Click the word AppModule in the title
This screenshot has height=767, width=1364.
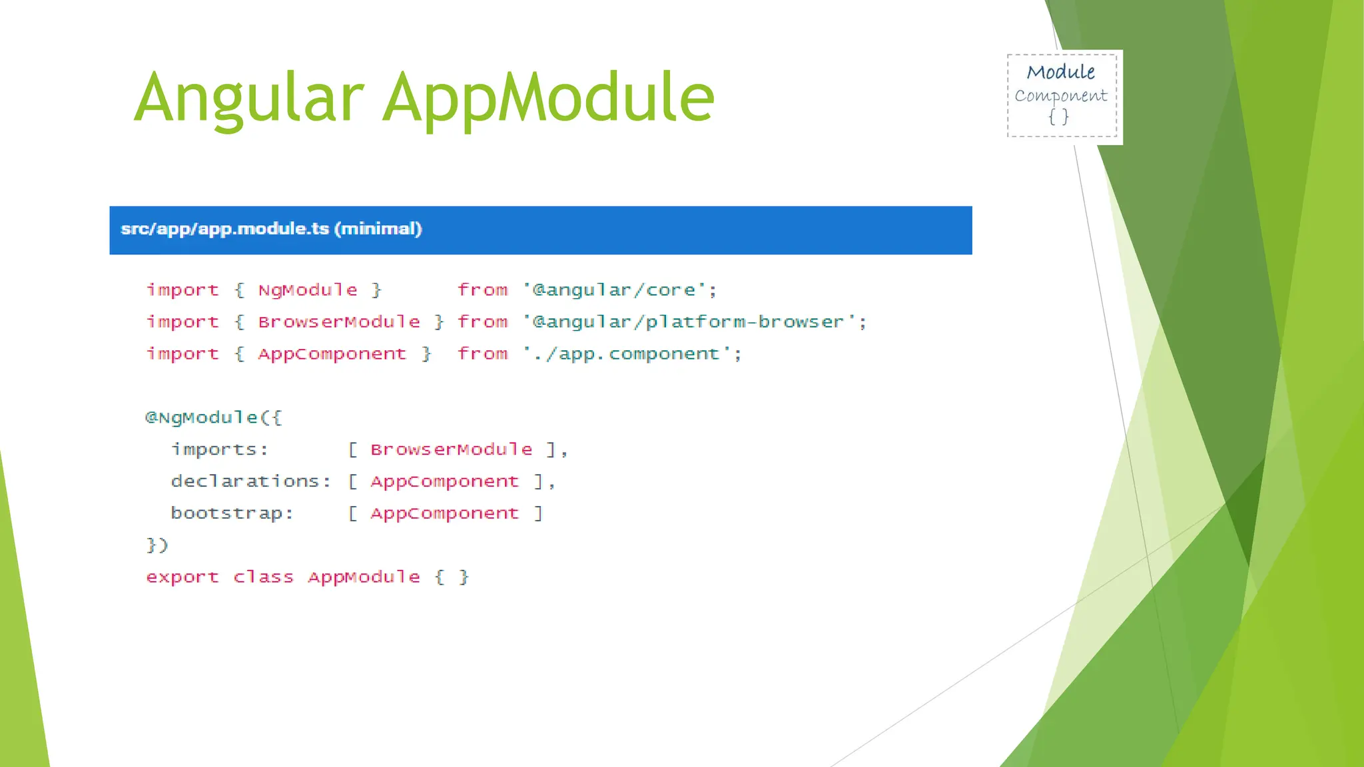click(x=549, y=99)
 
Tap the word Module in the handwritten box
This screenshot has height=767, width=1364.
click(x=1060, y=72)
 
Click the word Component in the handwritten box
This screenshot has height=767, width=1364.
click(x=1060, y=96)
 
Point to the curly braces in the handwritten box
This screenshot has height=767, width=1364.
click(x=1058, y=117)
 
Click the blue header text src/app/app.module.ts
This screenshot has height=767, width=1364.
click(x=225, y=229)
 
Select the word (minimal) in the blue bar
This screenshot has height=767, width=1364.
click(x=378, y=229)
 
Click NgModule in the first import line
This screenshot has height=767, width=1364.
click(x=308, y=290)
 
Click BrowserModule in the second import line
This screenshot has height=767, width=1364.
click(x=339, y=322)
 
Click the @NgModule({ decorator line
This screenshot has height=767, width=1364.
click(x=214, y=418)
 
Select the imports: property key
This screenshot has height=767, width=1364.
click(x=220, y=450)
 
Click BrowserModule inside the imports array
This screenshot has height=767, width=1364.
click(x=452, y=450)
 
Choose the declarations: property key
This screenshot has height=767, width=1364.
click(x=250, y=481)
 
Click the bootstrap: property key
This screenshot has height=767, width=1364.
click(x=232, y=513)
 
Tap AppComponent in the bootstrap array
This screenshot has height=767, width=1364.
click(x=444, y=513)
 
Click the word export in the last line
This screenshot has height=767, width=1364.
click(x=182, y=577)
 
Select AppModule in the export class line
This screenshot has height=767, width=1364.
click(x=364, y=577)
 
